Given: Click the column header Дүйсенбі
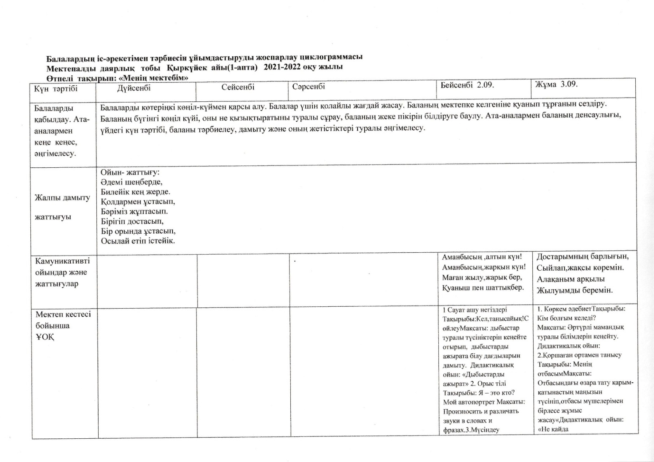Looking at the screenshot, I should (134, 88).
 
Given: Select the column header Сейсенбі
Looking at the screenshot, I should (238, 87).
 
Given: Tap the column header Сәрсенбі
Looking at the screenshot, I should (309, 87).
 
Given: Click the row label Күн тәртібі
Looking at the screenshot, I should (56, 89).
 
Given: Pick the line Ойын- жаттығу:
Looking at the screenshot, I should (130, 172).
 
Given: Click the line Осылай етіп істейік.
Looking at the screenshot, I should (138, 241).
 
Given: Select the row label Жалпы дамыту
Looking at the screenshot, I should (62, 198).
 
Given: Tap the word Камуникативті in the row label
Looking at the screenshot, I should (62, 261).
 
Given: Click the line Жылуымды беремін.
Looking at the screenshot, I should (575, 290).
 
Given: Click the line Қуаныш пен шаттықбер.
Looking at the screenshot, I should (483, 288).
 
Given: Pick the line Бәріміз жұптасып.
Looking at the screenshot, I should (134, 212).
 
